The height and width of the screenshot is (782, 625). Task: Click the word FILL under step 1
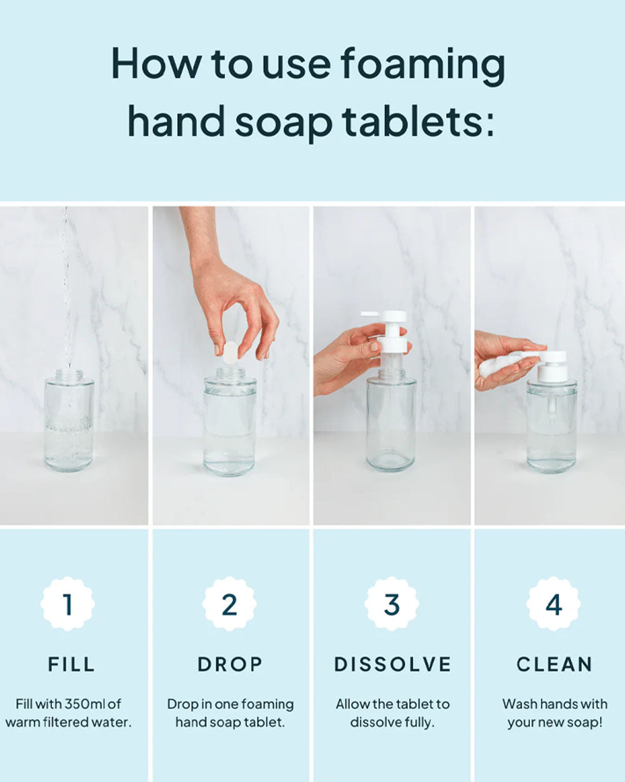[71, 664]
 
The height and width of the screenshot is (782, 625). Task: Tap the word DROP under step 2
[229, 664]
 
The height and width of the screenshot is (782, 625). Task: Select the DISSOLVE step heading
[392, 664]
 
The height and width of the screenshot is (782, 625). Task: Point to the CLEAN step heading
[554, 664]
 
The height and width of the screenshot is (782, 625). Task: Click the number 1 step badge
[67, 604]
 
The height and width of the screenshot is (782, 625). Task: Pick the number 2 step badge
[229, 604]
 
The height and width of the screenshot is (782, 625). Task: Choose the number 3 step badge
[391, 604]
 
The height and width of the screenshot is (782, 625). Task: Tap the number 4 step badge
[554, 604]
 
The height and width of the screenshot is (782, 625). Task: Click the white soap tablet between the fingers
[230, 352]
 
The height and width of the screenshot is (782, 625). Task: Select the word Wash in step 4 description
[518, 704]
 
